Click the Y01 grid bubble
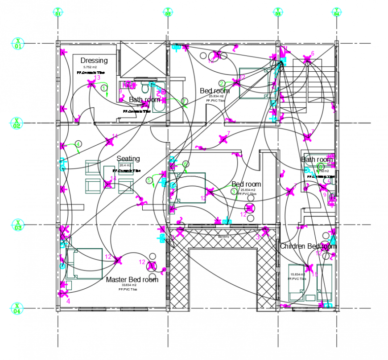pyautogui.click(x=58, y=12)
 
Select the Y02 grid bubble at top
pyautogui.click(x=168, y=12)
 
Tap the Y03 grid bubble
pyautogui.click(x=278, y=12)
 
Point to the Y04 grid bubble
pyautogui.click(x=336, y=12)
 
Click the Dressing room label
pyautogui.click(x=94, y=61)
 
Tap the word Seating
pyautogui.click(x=128, y=159)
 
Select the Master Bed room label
pyautogui.click(x=132, y=280)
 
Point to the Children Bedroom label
pyautogui.click(x=308, y=246)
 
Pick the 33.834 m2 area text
pyautogui.click(x=128, y=285)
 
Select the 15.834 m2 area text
pyautogui.click(x=297, y=274)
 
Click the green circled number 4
pyautogui.click(x=78, y=144)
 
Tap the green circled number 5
pyautogui.click(x=149, y=180)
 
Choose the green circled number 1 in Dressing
pyautogui.click(x=104, y=88)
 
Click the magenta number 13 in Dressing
pyautogui.click(x=97, y=78)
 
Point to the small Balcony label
pyautogui.click(x=223, y=237)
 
